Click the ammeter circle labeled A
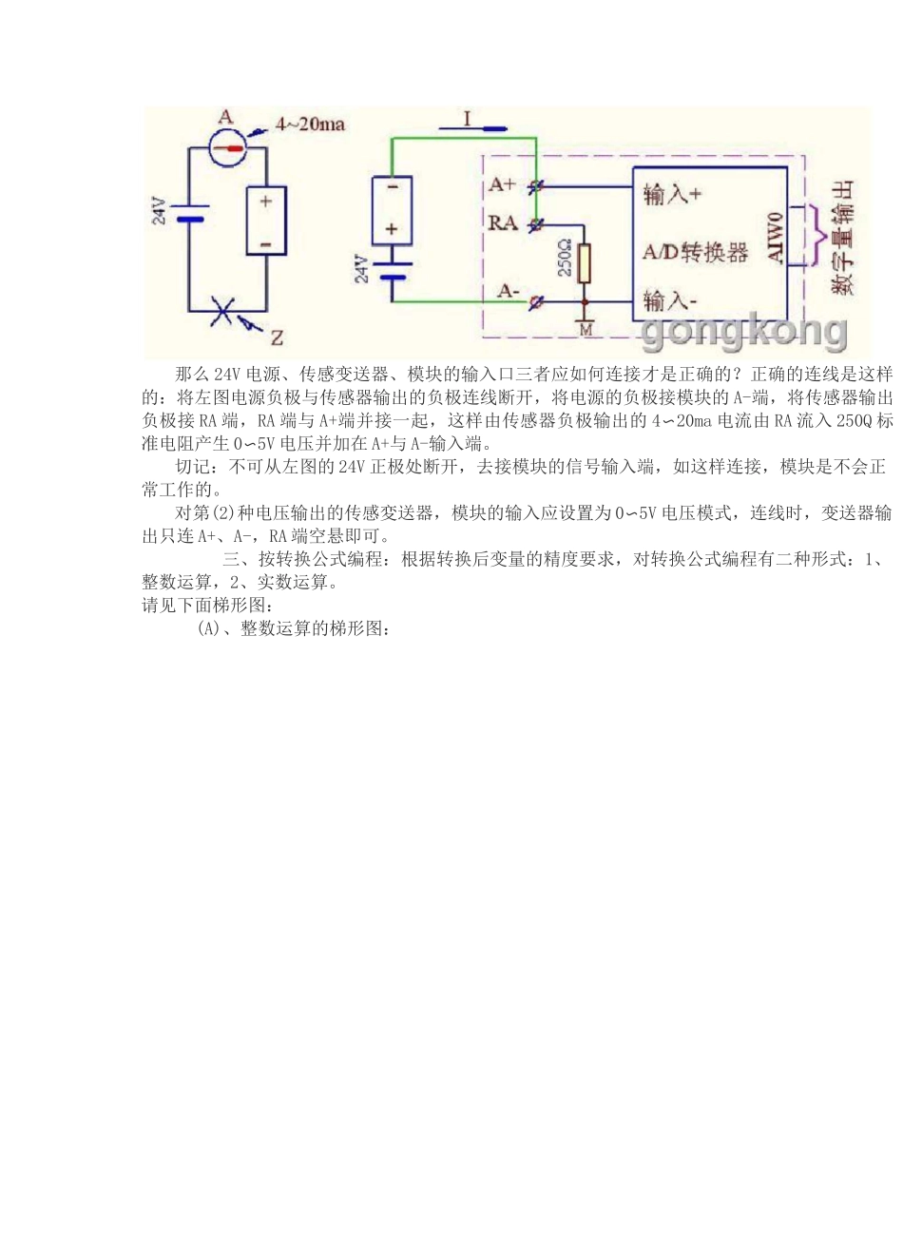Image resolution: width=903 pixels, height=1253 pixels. pyautogui.click(x=226, y=148)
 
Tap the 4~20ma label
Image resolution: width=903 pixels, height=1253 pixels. pyautogui.click(x=310, y=125)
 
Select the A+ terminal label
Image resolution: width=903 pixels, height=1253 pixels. pyautogui.click(x=503, y=184)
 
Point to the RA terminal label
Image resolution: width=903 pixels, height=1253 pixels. pyautogui.click(x=503, y=223)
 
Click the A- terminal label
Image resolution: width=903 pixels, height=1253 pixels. pyautogui.click(x=509, y=291)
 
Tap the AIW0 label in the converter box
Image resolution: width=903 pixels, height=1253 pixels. pyautogui.click(x=775, y=239)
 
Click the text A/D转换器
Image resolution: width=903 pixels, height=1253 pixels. pyautogui.click(x=695, y=252)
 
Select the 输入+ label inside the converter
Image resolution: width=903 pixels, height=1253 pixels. pyautogui.click(x=672, y=195)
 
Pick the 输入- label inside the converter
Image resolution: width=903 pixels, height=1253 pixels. pyautogui.click(x=670, y=301)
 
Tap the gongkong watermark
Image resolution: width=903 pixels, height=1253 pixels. pyautogui.click(x=744, y=331)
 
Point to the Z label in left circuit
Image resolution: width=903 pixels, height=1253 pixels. pyautogui.click(x=277, y=337)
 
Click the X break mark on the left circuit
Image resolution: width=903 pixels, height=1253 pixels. pyautogui.click(x=224, y=311)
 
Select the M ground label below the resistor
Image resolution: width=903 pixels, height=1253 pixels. pyautogui.click(x=586, y=330)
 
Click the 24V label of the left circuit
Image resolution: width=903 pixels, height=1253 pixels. pyautogui.click(x=159, y=211)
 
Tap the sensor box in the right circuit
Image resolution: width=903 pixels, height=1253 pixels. pyautogui.click(x=392, y=210)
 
